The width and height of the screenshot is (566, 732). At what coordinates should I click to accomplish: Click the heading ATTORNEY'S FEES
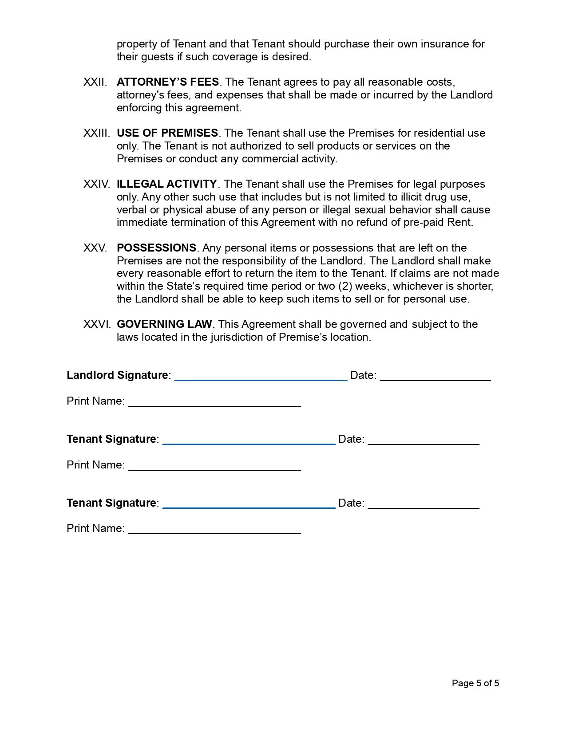click(x=167, y=82)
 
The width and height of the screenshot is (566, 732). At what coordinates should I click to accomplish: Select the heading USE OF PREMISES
click(x=167, y=133)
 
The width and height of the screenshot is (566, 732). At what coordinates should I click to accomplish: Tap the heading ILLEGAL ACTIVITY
click(x=166, y=184)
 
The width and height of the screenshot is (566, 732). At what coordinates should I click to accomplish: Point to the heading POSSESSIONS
click(x=156, y=248)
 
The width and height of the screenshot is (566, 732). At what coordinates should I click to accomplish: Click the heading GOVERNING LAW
click(x=164, y=324)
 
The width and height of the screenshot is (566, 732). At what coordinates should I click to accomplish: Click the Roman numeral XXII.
click(x=95, y=82)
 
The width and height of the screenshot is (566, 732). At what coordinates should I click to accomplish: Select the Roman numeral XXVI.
click(x=96, y=324)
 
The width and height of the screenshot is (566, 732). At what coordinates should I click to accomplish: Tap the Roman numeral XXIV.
click(x=96, y=184)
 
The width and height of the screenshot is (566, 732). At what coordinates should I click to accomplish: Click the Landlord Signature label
click(x=117, y=375)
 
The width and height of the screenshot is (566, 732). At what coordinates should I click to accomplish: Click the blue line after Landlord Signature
click(x=261, y=379)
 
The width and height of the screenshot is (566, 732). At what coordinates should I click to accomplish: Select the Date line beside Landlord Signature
click(x=435, y=380)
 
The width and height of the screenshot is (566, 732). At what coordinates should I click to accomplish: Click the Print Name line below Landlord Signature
click(x=214, y=405)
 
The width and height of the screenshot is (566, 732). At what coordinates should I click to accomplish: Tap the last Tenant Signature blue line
click(x=249, y=507)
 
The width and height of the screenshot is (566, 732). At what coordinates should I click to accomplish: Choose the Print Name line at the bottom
click(x=214, y=533)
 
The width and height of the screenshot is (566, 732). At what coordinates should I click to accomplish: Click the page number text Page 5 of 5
click(x=475, y=683)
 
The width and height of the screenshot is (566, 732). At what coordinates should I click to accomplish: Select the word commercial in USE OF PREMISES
click(x=265, y=159)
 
